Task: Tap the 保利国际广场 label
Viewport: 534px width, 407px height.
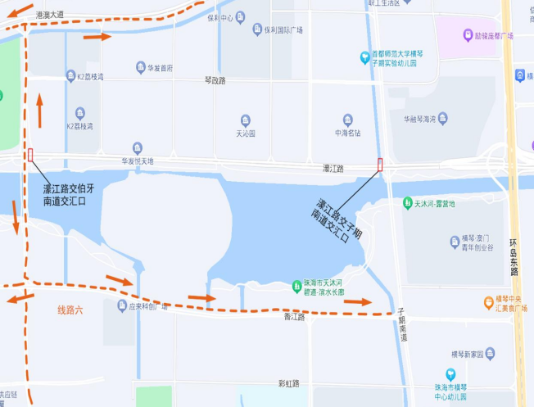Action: [283, 30]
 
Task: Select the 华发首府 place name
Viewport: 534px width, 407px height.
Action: [160, 68]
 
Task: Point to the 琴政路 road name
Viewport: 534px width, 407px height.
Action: [215, 80]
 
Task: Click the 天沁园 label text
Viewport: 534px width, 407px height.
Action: [246, 133]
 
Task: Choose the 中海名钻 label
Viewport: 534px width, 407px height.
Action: [347, 133]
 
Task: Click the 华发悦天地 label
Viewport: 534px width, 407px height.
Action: [137, 161]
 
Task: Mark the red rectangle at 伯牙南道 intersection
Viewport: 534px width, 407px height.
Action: [31, 155]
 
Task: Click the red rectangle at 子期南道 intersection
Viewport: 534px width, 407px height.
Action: [380, 164]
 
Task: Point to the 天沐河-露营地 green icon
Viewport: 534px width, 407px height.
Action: [407, 202]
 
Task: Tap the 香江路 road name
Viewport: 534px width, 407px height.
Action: [294, 316]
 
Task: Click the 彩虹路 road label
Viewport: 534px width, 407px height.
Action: [289, 383]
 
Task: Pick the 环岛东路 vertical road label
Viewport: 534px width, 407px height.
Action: [515, 255]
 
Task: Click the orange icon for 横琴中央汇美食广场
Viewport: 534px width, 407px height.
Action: [489, 302]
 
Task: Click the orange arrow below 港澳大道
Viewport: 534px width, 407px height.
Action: [97, 36]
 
